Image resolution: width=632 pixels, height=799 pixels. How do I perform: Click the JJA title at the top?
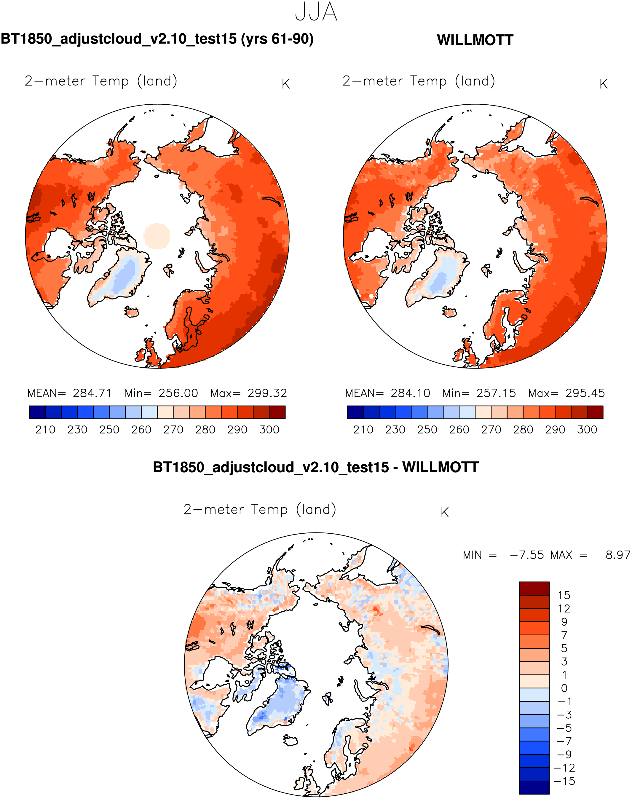click(x=316, y=12)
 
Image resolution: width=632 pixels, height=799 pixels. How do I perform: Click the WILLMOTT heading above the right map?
click(x=475, y=40)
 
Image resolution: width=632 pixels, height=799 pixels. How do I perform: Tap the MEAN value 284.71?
click(x=92, y=393)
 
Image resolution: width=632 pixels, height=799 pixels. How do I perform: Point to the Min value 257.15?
click(x=496, y=393)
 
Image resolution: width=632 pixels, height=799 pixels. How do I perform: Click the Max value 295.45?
click(x=585, y=393)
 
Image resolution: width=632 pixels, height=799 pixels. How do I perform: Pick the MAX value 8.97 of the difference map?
click(x=617, y=555)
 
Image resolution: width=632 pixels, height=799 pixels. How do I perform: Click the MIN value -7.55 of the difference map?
click(x=527, y=555)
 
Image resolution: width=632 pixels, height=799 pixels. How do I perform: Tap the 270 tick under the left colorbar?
click(x=173, y=430)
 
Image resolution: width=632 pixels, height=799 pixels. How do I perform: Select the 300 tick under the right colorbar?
click(x=587, y=430)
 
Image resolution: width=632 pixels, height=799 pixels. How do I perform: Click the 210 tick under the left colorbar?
click(x=45, y=430)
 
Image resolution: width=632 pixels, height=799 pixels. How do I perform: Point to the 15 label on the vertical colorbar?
click(x=564, y=595)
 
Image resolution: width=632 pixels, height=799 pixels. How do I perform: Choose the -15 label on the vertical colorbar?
click(x=564, y=781)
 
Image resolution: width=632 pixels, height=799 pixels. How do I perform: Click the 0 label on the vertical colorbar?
click(x=564, y=688)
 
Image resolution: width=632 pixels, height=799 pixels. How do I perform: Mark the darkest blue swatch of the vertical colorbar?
click(x=534, y=787)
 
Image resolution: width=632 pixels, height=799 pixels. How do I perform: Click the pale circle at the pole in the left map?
click(x=157, y=236)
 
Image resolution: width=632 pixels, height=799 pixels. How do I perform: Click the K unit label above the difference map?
click(x=445, y=513)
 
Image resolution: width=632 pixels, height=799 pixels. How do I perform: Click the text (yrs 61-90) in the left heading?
click(x=277, y=39)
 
